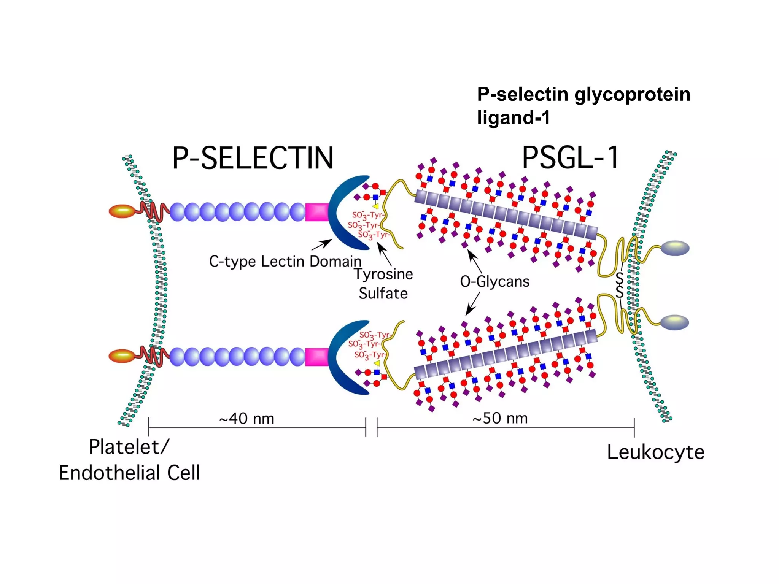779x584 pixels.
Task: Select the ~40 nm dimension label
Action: pyautogui.click(x=246, y=419)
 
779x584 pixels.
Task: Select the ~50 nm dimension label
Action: pyautogui.click(x=500, y=418)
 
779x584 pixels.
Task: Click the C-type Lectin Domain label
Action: pyautogui.click(x=285, y=262)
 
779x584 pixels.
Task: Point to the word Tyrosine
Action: pyautogui.click(x=383, y=274)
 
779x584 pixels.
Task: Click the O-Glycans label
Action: pyautogui.click(x=494, y=282)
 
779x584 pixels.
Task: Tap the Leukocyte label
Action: pyautogui.click(x=655, y=452)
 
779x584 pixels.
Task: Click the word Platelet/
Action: pyautogui.click(x=129, y=447)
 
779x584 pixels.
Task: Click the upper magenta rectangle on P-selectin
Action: pyautogui.click(x=317, y=212)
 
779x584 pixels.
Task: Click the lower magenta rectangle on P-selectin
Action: pyautogui.click(x=317, y=357)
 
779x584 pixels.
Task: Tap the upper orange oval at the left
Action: pyautogui.click(x=122, y=211)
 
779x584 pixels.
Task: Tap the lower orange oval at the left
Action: pyautogui.click(x=122, y=356)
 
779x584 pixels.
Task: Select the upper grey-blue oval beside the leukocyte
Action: pyautogui.click(x=675, y=248)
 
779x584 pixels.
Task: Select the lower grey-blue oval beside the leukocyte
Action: pyautogui.click(x=674, y=322)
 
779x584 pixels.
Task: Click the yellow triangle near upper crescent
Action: pyautogui.click(x=376, y=206)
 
